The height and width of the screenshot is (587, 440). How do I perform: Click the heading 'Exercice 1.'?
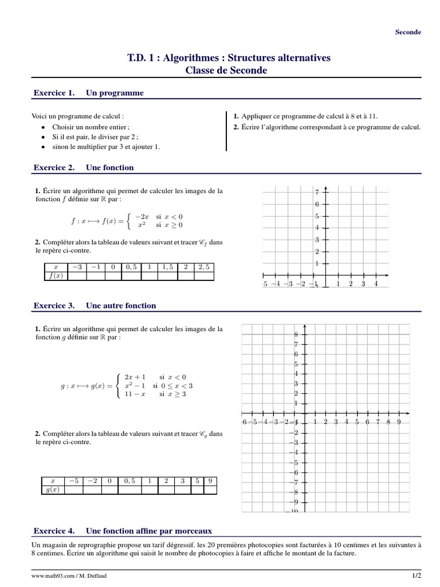54,92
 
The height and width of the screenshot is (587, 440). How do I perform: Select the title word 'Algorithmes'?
194,58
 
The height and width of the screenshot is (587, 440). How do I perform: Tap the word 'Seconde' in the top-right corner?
408,32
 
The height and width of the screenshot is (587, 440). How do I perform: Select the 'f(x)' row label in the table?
56,276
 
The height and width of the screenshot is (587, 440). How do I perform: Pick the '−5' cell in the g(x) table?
73,481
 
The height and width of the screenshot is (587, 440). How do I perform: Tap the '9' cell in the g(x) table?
210,481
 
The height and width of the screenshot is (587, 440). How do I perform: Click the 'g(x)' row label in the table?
53,490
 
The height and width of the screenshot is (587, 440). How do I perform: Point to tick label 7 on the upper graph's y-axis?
317,191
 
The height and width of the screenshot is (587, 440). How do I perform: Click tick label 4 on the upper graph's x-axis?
376,284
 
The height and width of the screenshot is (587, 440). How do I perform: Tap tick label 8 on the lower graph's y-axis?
296,334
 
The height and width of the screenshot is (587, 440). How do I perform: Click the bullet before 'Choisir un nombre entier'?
44,127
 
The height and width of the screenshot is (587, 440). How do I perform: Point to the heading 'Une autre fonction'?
121,306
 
